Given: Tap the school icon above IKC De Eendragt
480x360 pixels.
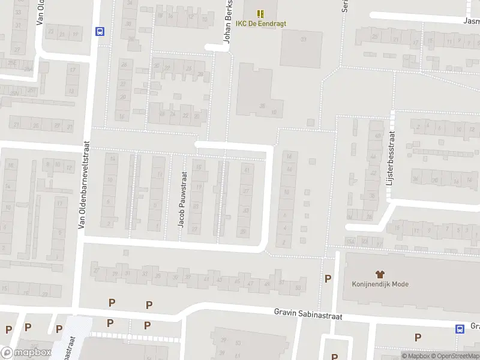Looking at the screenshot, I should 260,13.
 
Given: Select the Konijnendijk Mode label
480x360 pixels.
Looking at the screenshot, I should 380,284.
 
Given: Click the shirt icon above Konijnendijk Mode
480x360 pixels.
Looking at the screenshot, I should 380,274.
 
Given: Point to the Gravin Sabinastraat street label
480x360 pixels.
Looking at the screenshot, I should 308,313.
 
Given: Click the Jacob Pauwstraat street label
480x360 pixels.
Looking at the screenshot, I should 182,199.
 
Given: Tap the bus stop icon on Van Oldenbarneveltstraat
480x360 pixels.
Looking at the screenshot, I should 100,32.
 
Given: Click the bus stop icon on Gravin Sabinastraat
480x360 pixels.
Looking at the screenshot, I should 460,328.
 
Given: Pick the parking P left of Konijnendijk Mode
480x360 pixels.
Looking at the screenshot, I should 328,278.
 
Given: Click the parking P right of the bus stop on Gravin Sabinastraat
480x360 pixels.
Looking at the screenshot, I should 418,337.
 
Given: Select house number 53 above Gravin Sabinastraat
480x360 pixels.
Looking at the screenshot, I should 298,288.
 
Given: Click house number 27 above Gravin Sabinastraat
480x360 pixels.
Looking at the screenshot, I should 96,271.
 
